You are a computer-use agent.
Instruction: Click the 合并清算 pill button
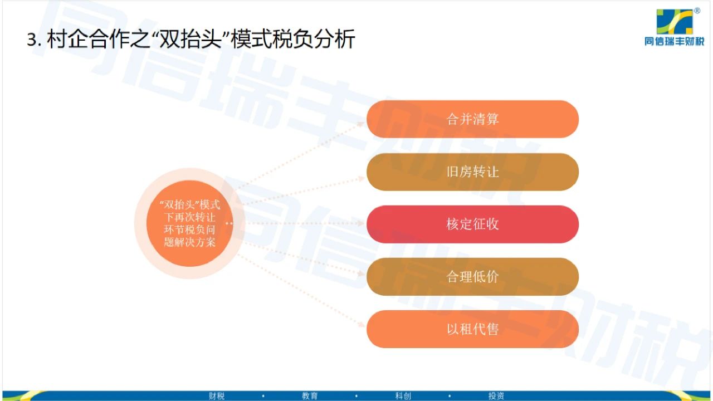coord(473,119)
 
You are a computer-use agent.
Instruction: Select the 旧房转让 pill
coord(473,172)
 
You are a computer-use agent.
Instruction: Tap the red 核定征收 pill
coord(473,224)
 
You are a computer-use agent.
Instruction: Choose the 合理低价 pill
coord(473,277)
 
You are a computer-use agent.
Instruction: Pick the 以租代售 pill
coord(473,329)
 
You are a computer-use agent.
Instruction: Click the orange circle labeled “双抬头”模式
coord(190,223)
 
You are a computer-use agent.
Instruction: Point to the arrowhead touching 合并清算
coord(361,124)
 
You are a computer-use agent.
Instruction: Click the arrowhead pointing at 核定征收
coord(361,223)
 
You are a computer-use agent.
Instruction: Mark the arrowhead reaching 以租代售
coord(362,324)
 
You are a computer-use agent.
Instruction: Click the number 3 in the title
coord(31,40)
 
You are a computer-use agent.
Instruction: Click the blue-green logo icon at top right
coord(675,22)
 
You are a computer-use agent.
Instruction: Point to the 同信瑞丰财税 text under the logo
coord(675,41)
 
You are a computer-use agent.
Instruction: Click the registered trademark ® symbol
coord(697,11)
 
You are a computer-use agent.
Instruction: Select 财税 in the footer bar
coord(217,396)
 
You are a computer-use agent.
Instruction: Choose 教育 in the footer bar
coord(310,396)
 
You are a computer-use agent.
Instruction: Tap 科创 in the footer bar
coord(403,396)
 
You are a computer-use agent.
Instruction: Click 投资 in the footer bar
coord(496,396)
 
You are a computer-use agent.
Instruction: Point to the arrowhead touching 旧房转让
coord(361,179)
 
